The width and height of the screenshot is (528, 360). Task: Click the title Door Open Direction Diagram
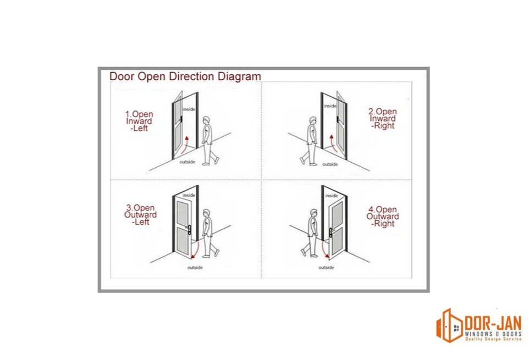[185, 76]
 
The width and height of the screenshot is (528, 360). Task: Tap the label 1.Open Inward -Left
[140, 121]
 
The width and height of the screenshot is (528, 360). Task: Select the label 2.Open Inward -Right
[383, 119]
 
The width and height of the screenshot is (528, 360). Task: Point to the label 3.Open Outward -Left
[141, 215]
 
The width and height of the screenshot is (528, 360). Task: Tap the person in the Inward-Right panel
[310, 141]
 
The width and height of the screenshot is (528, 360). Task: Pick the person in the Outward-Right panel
[311, 232]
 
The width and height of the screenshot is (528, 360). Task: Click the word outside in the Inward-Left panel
[188, 162]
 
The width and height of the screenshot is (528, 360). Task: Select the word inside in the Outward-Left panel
[189, 195]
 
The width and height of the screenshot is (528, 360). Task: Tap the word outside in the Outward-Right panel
[327, 267]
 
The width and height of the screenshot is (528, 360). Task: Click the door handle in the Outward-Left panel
[188, 231]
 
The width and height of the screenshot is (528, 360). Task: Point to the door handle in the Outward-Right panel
[331, 231]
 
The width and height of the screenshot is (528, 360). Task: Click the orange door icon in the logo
[449, 325]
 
